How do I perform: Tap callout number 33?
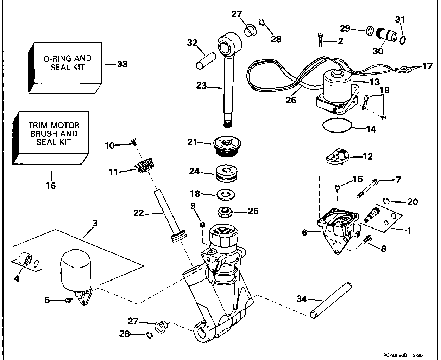coord(122,64)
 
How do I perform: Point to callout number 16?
coord(51,185)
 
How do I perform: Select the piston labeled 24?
coord(225,173)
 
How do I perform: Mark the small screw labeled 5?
coord(69,300)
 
